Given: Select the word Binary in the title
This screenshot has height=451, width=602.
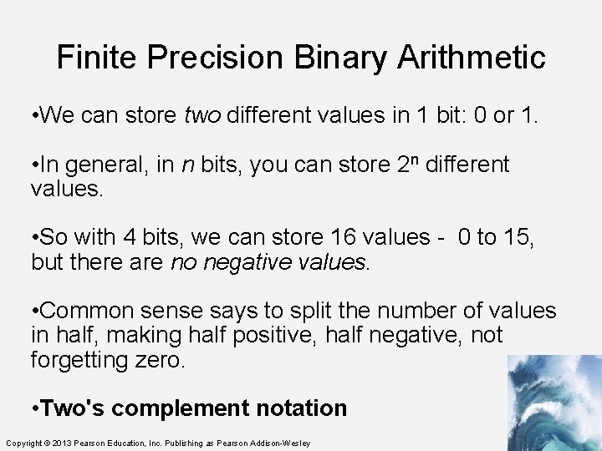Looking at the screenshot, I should tap(341, 58).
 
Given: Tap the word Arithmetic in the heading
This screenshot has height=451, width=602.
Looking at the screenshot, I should tap(472, 58).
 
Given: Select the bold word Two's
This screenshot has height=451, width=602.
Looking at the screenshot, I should tap(72, 408).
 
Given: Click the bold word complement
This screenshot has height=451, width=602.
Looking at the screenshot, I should tap(177, 408).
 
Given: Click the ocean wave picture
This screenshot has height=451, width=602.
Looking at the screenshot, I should tap(554, 402).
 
